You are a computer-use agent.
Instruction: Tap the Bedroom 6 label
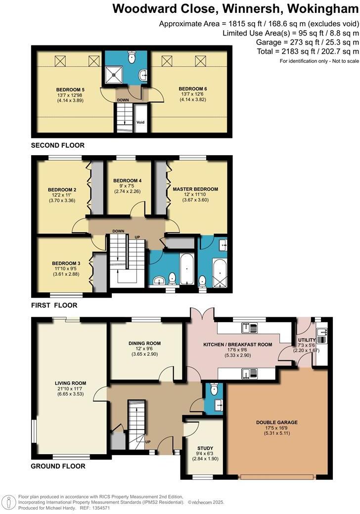click(x=190, y=88)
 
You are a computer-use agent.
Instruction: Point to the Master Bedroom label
click(x=195, y=189)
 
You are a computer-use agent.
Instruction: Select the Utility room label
click(x=306, y=340)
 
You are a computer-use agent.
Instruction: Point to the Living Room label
click(x=71, y=383)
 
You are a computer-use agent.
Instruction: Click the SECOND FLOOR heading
click(x=57, y=145)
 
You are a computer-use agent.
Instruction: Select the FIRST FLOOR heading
click(x=54, y=305)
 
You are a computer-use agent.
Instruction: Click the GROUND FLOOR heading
click(x=58, y=466)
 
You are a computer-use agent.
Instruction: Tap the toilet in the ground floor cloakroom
click(x=214, y=390)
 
